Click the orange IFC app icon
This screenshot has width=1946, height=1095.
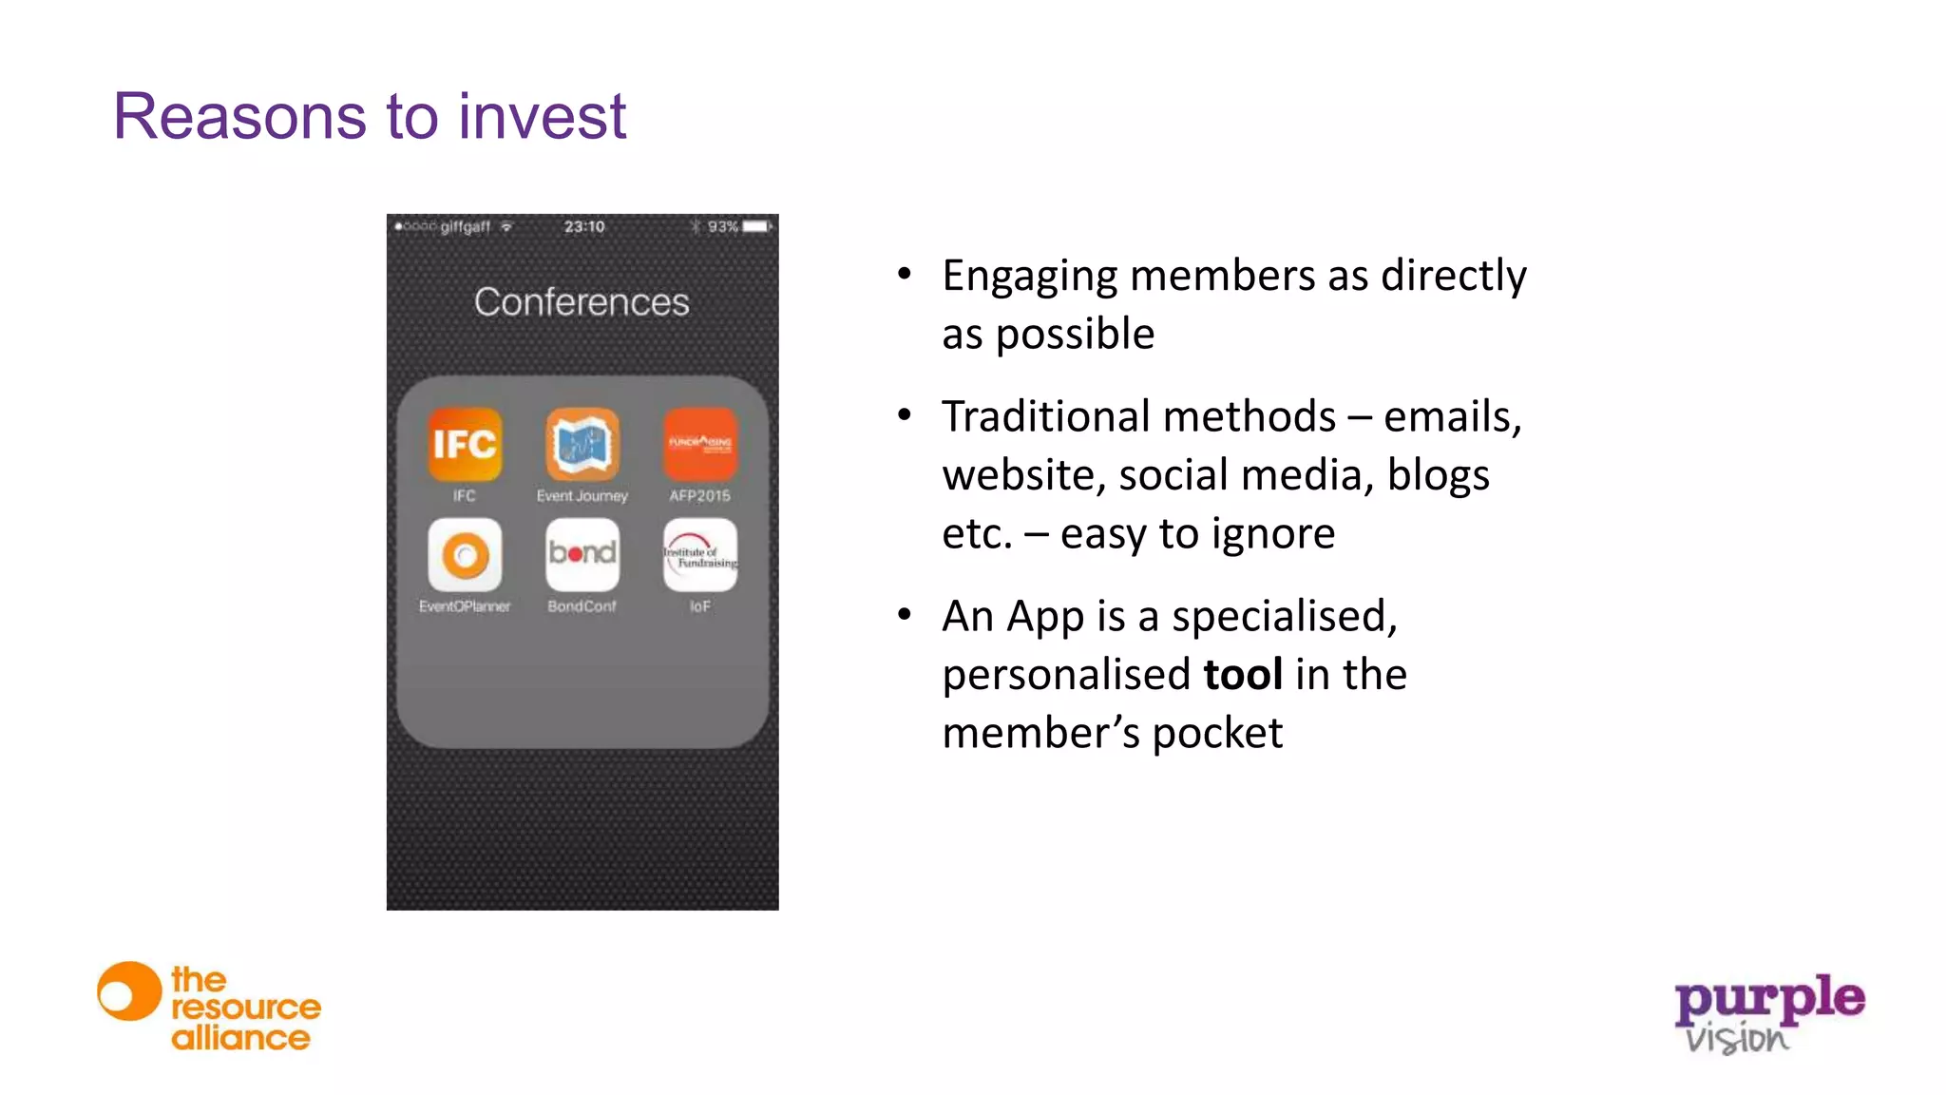point(464,444)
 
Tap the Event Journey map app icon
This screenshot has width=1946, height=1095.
point(582,444)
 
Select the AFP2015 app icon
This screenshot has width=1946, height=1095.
point(700,444)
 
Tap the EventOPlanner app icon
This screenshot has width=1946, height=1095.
point(465,554)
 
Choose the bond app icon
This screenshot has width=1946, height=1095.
point(582,554)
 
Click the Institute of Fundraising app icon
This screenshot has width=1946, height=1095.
point(700,554)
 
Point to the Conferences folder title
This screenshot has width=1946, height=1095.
point(582,302)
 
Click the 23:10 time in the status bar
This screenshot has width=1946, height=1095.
point(583,227)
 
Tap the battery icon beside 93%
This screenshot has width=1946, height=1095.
point(757,227)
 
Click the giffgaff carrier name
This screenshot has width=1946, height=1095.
point(465,227)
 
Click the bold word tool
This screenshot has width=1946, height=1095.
point(1243,675)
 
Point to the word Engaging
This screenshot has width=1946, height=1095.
point(1030,277)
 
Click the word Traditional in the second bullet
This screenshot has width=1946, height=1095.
point(1042,417)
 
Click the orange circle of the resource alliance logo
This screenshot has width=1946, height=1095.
point(129,991)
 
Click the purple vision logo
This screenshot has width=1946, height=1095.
point(1768,1013)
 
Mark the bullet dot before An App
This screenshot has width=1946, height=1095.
point(905,616)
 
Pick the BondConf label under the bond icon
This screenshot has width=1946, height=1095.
point(582,606)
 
